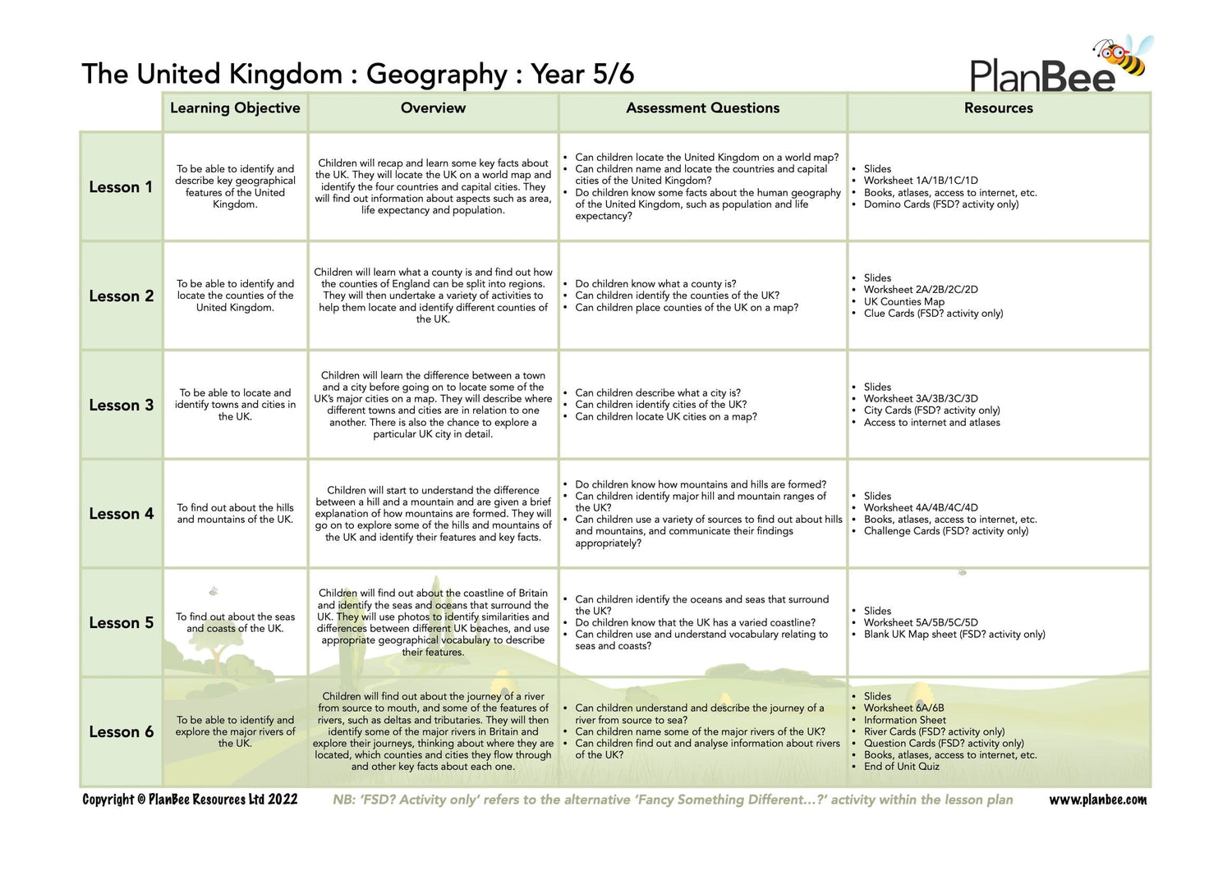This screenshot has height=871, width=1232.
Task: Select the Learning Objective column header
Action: click(235, 108)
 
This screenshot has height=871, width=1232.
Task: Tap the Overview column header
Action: click(433, 108)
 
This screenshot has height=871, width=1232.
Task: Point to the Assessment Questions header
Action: click(702, 108)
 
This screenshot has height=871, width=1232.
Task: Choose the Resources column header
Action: click(998, 108)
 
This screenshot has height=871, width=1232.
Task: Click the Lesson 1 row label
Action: click(121, 187)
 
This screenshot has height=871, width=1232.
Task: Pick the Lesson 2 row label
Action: click(121, 296)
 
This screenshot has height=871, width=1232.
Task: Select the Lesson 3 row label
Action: click(121, 406)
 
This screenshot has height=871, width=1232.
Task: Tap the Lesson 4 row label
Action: click(121, 514)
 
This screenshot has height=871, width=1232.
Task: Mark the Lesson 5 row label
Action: click(121, 623)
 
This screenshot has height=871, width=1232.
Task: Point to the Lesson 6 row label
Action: click(121, 732)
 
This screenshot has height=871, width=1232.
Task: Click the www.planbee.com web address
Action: click(1097, 800)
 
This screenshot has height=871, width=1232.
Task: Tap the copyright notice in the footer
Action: click(190, 800)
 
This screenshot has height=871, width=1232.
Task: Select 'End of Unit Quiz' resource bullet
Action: click(901, 767)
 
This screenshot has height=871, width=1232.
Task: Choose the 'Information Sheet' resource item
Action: click(904, 720)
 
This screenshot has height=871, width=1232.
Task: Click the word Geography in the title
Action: click(436, 75)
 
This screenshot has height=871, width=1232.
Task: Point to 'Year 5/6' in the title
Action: click(582, 75)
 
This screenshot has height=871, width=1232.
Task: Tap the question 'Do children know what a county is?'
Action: click(655, 284)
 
